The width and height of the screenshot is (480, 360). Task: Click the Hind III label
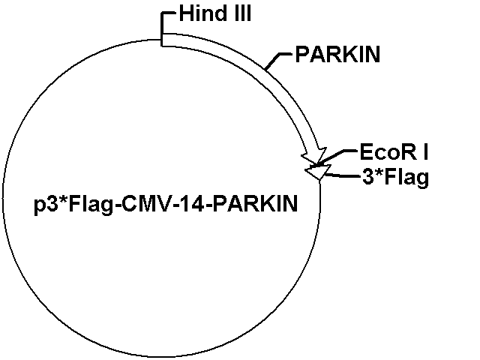(x=215, y=13)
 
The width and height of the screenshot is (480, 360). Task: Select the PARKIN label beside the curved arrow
(x=337, y=54)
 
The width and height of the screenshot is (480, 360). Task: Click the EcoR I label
(x=394, y=152)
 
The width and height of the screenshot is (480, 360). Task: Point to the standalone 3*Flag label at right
(x=395, y=177)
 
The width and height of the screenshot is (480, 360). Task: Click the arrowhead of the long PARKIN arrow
(x=314, y=156)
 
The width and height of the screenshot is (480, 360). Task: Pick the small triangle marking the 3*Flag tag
(x=318, y=172)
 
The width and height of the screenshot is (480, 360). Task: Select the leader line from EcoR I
(x=337, y=157)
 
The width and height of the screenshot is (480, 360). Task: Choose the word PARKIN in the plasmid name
(x=255, y=204)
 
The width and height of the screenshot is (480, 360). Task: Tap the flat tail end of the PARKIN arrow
(x=162, y=40)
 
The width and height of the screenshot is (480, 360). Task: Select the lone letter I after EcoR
(x=425, y=152)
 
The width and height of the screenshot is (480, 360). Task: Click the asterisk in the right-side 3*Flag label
(x=379, y=173)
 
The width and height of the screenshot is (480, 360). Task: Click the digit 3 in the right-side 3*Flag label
(x=367, y=177)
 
